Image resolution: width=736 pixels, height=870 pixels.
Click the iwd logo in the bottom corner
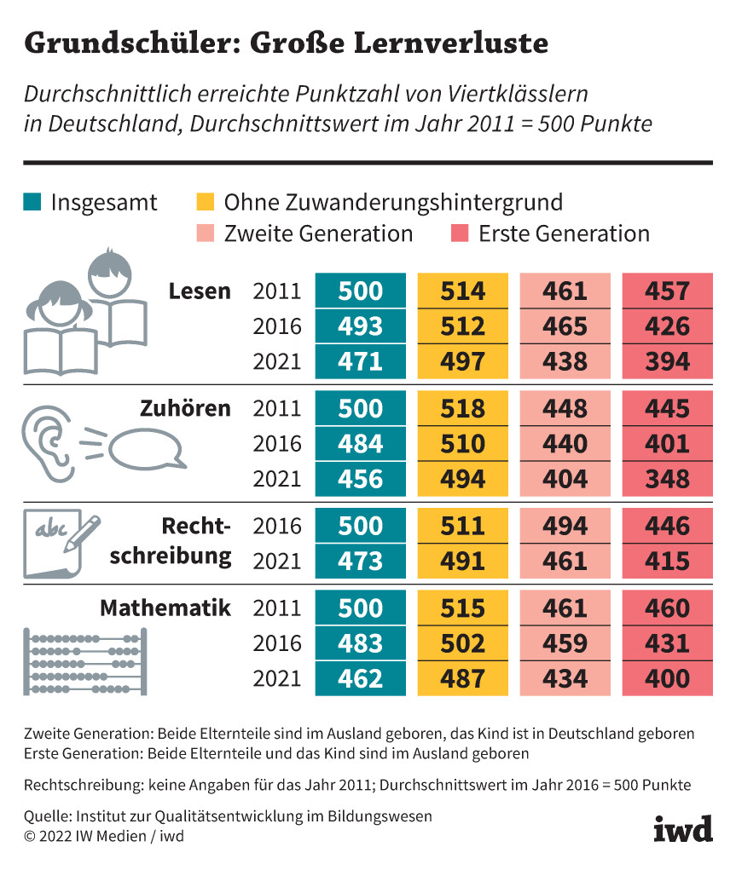(682, 827)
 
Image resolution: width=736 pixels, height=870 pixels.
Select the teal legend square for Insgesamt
(32, 202)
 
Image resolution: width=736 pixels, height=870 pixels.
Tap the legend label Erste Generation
(564, 233)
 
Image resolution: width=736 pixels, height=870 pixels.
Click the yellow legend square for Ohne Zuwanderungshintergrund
(205, 202)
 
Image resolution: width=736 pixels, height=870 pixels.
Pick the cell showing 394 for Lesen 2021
(667, 361)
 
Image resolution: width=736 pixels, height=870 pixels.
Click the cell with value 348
(667, 479)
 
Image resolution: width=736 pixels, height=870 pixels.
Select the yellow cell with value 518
(462, 409)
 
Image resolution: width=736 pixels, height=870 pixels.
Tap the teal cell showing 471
(360, 361)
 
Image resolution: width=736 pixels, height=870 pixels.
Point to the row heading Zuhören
(185, 408)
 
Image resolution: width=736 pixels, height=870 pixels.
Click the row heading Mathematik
(165, 608)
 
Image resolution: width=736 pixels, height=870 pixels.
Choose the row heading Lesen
(200, 291)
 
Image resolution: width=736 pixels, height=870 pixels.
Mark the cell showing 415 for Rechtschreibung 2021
(667, 562)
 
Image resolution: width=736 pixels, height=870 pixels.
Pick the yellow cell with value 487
(462, 679)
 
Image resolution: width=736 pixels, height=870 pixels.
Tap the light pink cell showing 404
(565, 479)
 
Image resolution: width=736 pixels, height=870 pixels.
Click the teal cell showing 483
(360, 643)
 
